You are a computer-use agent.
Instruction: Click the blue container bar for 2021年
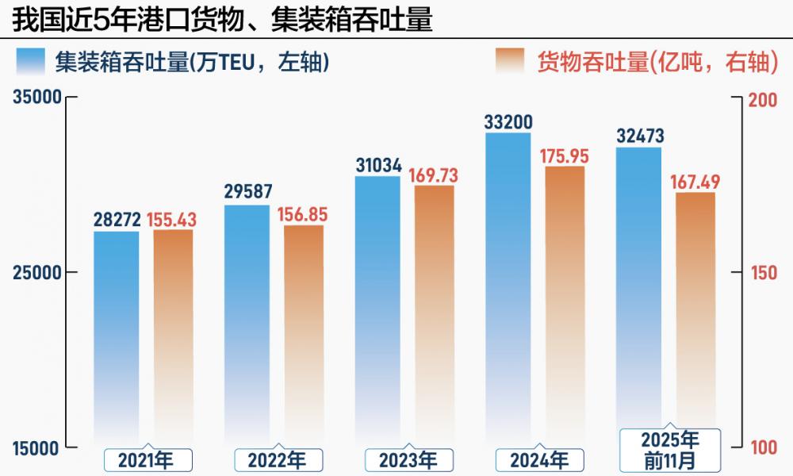point(117,333)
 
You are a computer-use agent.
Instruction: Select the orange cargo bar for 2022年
point(304,333)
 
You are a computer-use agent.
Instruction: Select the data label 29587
point(247,192)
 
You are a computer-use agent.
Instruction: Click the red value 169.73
point(433,175)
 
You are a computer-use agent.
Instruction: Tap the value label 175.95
point(565,155)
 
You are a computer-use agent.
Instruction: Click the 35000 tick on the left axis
point(37,98)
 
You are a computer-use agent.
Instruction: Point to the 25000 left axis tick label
point(37,272)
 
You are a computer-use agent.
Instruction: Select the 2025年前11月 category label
point(670,450)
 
